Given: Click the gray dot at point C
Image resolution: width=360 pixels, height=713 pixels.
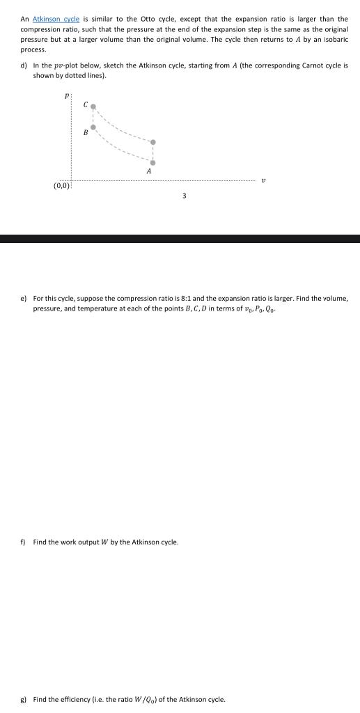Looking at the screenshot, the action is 93,107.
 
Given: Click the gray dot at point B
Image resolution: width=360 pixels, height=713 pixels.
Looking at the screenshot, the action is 93,127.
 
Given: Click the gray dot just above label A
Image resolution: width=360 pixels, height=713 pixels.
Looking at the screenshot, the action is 153,162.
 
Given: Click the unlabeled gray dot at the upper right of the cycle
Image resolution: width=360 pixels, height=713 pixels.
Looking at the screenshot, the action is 153,143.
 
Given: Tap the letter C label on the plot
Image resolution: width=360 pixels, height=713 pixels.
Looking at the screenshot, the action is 85,104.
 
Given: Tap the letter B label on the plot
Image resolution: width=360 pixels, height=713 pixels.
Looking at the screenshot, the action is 85,132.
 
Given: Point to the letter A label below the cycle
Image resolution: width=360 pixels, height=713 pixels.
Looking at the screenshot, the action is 149,171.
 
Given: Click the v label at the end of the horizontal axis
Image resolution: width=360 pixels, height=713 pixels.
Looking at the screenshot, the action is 264,180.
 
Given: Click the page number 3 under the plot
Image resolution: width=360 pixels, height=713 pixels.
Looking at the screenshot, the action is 184,196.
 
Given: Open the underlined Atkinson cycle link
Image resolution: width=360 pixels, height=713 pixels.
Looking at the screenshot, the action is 52,19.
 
